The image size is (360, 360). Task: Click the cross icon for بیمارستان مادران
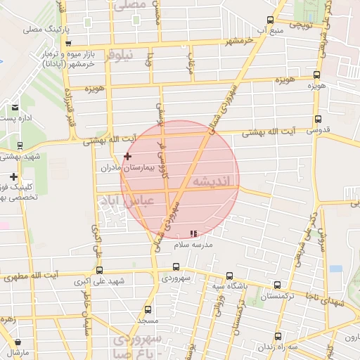pos(127,155)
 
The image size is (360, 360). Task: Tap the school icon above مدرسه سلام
pos(194,233)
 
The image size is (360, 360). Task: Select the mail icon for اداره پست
pos(15,107)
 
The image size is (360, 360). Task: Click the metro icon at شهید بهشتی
pos(19,146)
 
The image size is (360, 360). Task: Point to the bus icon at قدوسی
pos(318,119)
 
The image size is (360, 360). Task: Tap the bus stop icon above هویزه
pos(316,75)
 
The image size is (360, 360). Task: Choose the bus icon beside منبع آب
pos(271,20)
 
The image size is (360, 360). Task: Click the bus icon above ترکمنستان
pos(277,285)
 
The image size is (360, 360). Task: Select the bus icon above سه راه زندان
pos(278,336)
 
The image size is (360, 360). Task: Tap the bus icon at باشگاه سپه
pos(228,276)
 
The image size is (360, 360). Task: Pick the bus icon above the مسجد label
pos(148,309)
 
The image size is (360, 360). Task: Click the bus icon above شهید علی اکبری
pos(98,270)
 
